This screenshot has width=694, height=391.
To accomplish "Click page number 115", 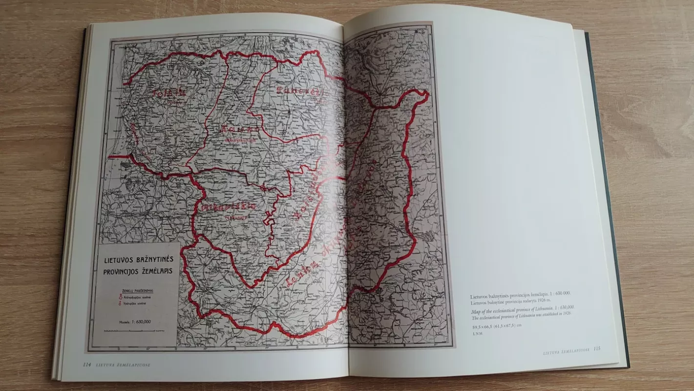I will point(596,348).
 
